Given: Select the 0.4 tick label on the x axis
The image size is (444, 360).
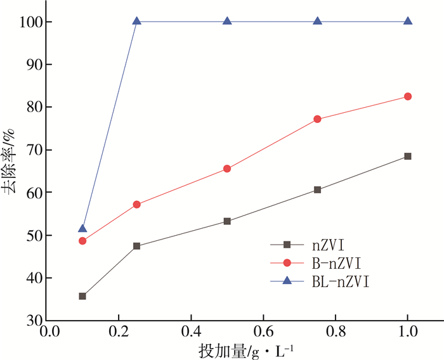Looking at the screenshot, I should (x=190, y=332).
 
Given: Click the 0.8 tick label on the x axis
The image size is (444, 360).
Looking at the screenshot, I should (x=335, y=332).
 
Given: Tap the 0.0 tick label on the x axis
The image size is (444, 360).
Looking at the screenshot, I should (x=46, y=332).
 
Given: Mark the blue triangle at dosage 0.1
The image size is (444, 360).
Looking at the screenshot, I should (x=82, y=228).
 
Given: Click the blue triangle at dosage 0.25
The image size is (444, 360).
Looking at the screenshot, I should (x=136, y=22).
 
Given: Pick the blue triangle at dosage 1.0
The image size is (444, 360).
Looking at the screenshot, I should (x=408, y=22).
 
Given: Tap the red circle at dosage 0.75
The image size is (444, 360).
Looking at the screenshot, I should (x=317, y=119).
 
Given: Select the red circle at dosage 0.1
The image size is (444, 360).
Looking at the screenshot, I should (x=82, y=241).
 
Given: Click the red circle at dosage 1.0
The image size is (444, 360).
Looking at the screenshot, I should (x=408, y=96).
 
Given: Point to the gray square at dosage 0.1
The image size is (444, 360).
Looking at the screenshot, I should (x=82, y=296).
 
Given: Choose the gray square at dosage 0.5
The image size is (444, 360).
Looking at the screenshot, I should (x=227, y=221).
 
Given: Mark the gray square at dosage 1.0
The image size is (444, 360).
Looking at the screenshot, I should (x=408, y=156).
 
